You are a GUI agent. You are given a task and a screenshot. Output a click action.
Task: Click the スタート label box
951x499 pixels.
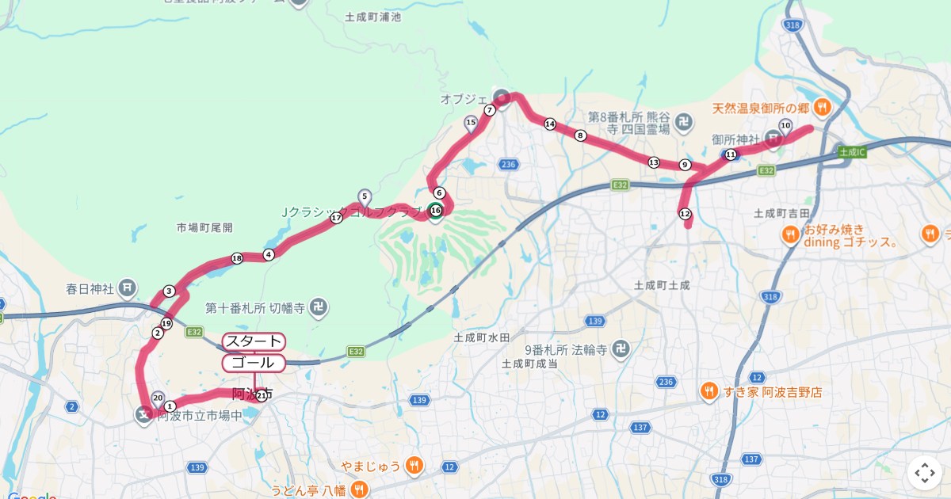click(254, 341)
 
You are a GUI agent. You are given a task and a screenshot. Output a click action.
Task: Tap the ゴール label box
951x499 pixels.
click(254, 363)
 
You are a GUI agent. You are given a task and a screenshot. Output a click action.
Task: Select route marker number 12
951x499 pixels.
click(685, 214)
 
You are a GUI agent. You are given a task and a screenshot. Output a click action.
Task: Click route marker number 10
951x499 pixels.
click(785, 125)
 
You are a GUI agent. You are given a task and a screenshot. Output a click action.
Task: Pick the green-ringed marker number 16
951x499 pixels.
click(435, 210)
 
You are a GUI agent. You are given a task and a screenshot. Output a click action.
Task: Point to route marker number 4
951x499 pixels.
click(269, 254)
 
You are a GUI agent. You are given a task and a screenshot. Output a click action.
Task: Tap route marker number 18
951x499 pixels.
click(236, 258)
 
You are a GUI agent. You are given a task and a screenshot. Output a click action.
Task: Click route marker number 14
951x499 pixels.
click(549, 124)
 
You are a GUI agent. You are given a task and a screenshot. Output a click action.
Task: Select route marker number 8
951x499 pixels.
click(580, 135)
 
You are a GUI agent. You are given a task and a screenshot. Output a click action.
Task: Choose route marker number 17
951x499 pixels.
click(336, 218)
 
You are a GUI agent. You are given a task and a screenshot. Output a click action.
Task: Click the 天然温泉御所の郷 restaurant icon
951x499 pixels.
click(823, 107)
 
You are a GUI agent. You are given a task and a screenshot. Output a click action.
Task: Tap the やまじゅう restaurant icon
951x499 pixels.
click(414, 466)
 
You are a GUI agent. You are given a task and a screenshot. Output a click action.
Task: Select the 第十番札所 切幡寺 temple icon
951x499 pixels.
click(318, 307)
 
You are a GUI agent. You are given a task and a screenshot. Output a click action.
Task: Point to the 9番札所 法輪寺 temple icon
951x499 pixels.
click(623, 349)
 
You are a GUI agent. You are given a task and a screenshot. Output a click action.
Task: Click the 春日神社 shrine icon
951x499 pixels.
click(129, 287)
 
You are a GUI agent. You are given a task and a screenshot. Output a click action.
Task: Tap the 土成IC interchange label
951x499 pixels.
click(852, 151)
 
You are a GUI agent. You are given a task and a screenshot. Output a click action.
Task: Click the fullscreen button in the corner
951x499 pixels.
click(924, 473)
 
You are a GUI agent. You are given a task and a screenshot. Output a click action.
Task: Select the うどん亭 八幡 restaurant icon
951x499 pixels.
click(363, 490)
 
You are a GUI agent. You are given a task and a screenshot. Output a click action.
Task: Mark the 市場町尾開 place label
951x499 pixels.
click(204, 227)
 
